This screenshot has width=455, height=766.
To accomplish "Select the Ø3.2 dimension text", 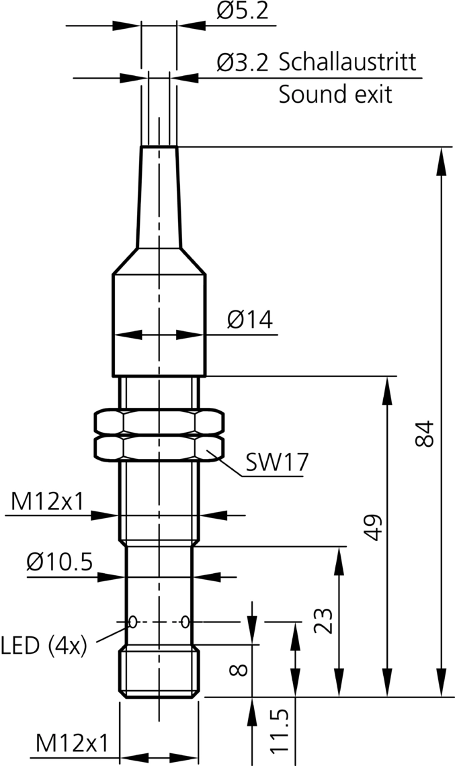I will (243, 63).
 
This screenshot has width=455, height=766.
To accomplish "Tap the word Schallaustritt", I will (347, 62).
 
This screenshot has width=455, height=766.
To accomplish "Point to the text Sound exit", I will (335, 94).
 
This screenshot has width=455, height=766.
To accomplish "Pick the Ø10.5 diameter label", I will (60, 562).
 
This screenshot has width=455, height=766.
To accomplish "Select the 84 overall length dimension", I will (425, 434).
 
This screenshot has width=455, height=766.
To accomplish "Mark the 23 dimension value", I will (323, 622).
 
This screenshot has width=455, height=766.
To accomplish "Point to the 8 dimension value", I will (241, 670).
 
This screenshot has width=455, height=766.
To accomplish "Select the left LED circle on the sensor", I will (133, 622).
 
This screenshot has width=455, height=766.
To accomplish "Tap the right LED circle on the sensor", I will (185, 622).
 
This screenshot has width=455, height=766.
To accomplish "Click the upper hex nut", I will (159, 421).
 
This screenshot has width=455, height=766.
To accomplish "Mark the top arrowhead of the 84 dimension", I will (441, 157).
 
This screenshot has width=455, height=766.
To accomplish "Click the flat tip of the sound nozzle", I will (159, 147).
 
